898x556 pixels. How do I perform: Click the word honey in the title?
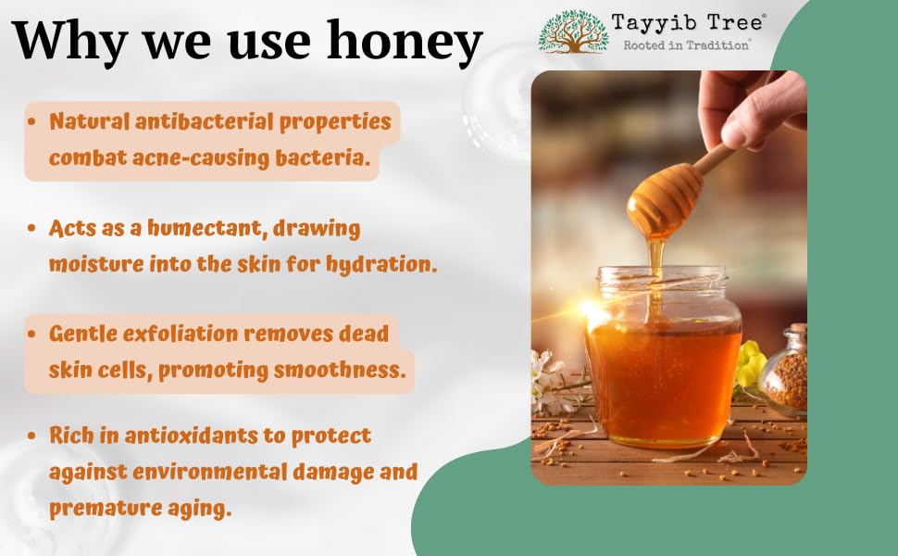(x=405, y=42)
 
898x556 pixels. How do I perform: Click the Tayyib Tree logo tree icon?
(x=573, y=32)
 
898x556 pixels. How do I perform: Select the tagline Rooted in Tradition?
(x=686, y=44)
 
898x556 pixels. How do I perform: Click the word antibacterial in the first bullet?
(x=204, y=121)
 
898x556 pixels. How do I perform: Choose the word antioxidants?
(x=192, y=436)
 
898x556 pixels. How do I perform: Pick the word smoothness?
(x=339, y=370)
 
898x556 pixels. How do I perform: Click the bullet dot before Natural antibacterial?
(x=31, y=121)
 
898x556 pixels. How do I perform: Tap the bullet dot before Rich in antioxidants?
(x=31, y=436)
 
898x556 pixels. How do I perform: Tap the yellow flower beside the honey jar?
(x=749, y=363)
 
